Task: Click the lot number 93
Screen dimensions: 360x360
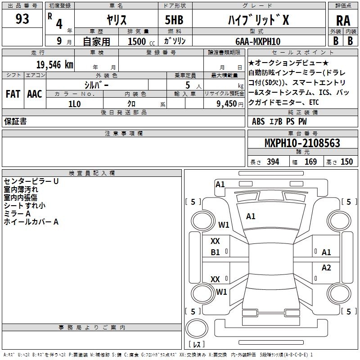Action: click(22, 19)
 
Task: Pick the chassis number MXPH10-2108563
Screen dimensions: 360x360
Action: click(302, 144)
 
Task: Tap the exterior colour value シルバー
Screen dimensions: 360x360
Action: click(96, 85)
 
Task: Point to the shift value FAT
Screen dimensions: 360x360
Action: click(13, 94)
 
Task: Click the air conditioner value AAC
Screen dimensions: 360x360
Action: click(35, 94)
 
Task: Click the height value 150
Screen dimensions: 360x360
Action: click(346, 162)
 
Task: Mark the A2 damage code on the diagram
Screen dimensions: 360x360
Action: click(326, 268)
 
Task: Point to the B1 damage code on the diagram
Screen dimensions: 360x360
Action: click(216, 252)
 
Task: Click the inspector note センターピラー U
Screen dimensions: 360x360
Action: click(31, 181)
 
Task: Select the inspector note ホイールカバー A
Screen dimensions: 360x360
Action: click(31, 222)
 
